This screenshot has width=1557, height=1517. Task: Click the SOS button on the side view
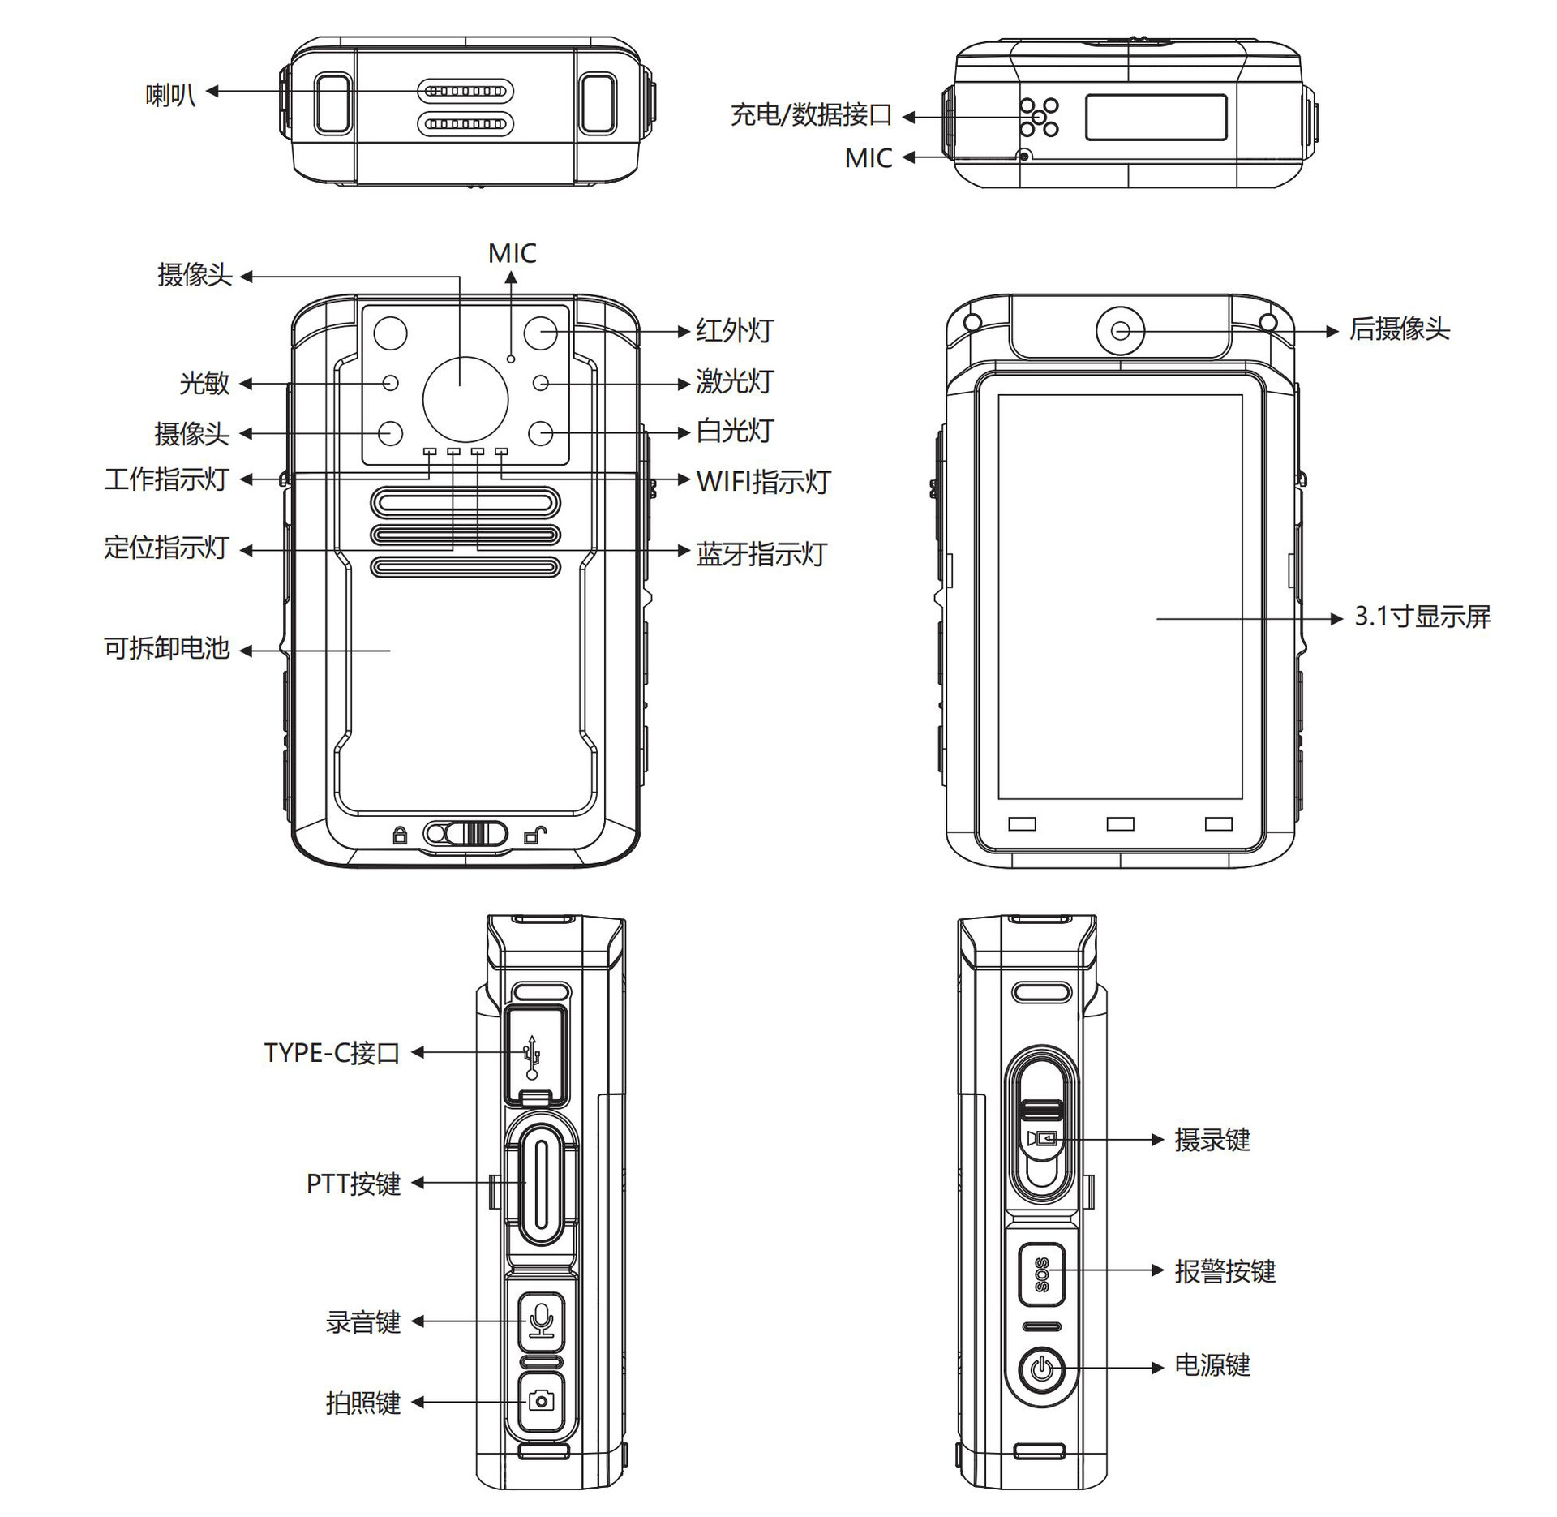pyautogui.click(x=1041, y=1272)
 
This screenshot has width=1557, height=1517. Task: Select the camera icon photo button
pyautogui.click(x=541, y=1401)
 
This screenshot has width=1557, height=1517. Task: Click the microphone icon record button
pyautogui.click(x=541, y=1321)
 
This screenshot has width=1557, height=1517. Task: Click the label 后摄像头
pyautogui.click(x=1399, y=329)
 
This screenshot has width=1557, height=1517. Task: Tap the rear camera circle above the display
pyautogui.click(x=1120, y=330)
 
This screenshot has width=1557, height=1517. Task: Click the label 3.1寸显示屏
pyautogui.click(x=1422, y=617)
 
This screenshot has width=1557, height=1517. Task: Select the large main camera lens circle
pyautogui.click(x=465, y=399)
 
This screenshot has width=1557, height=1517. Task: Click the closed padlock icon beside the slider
pyautogui.click(x=400, y=835)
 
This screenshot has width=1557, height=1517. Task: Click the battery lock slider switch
pyautogui.click(x=465, y=833)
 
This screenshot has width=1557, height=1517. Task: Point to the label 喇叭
pyautogui.click(x=170, y=95)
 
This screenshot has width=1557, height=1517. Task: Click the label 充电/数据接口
pyautogui.click(x=810, y=115)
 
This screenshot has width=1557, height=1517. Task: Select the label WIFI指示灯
pyautogui.click(x=763, y=481)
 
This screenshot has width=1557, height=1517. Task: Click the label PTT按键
pyautogui.click(x=354, y=1184)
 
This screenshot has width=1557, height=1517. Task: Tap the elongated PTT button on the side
pyautogui.click(x=540, y=1183)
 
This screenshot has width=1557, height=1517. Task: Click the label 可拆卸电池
pyautogui.click(x=167, y=648)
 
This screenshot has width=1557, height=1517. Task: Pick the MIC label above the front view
pyautogui.click(x=512, y=253)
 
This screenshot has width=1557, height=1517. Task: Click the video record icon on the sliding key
pyautogui.click(x=1041, y=1139)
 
